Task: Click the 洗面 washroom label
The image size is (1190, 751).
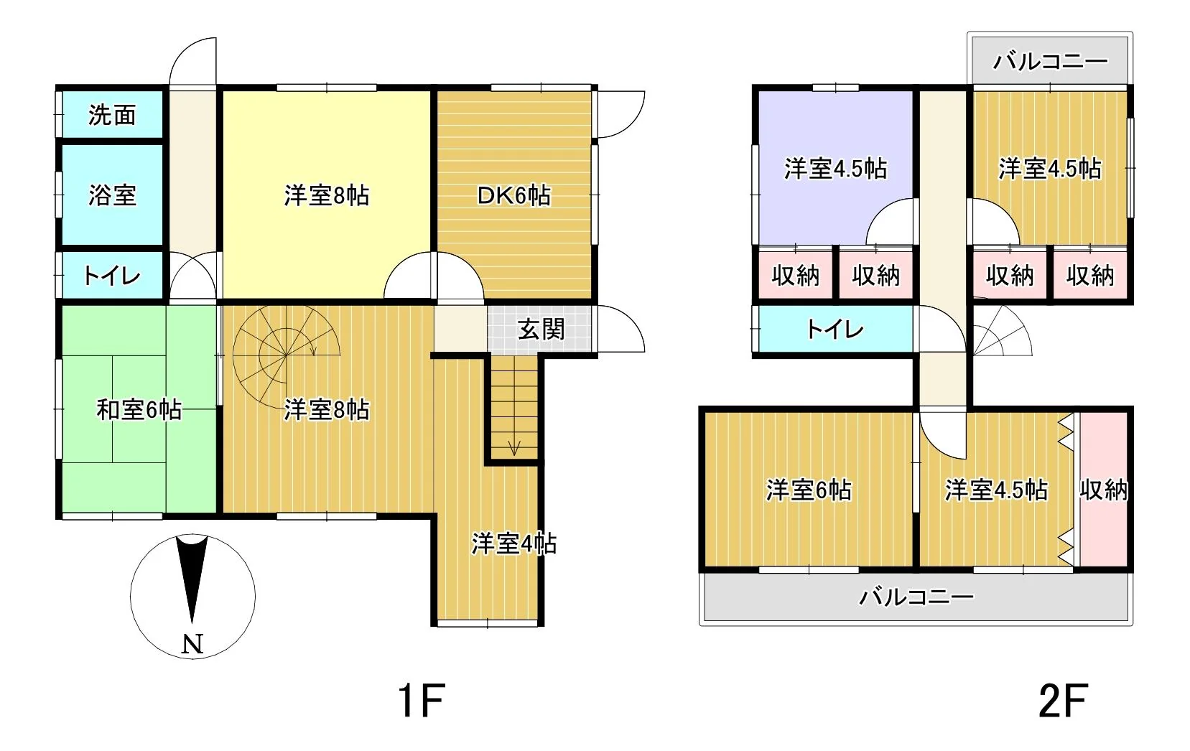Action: [112, 116]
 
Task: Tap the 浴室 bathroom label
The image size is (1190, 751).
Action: [112, 195]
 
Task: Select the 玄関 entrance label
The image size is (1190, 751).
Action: [541, 330]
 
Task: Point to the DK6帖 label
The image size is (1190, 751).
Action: [513, 195]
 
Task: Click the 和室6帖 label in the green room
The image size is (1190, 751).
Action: [139, 409]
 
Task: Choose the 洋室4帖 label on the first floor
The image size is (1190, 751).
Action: [513, 544]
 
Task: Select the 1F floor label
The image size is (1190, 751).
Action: [422, 701]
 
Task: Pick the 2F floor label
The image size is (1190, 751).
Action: [1063, 701]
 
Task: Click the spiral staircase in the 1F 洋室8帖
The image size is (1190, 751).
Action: [286, 355]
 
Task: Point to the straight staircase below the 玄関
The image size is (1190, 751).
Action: [513, 406]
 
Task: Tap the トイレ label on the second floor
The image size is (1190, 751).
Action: [835, 330]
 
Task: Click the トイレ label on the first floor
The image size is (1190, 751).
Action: [112, 276]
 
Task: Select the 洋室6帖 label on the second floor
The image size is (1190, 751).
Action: [809, 490]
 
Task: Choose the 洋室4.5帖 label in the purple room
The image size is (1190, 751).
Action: [836, 168]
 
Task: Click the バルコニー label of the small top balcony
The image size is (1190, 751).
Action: [1050, 62]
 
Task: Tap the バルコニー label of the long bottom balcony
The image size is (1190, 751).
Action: [916, 597]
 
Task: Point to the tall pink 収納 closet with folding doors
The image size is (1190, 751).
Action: [1103, 490]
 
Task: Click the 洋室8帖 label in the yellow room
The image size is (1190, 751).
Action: [326, 195]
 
